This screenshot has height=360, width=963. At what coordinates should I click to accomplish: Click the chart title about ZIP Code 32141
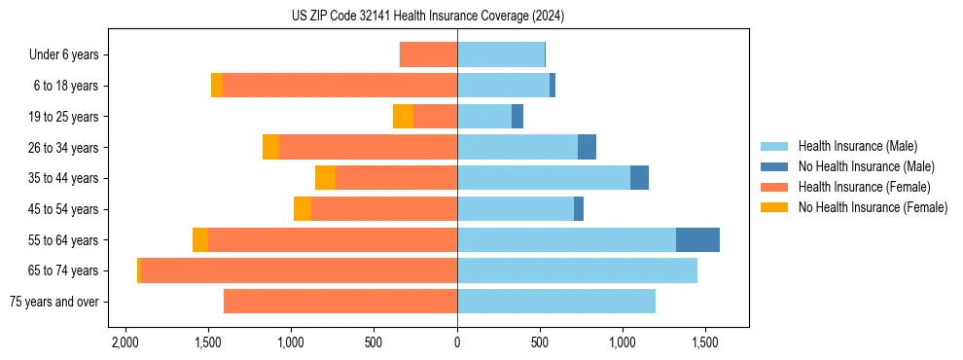click(427, 16)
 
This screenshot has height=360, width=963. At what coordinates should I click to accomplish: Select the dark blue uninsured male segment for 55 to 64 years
click(697, 239)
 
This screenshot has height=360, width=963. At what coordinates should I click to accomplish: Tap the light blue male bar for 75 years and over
click(556, 302)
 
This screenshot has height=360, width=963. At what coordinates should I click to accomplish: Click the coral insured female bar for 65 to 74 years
click(300, 270)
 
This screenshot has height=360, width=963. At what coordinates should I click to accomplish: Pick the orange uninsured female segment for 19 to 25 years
click(403, 117)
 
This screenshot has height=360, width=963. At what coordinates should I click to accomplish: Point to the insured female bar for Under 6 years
click(428, 54)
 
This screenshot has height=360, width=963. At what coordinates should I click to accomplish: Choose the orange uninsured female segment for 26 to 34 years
click(270, 147)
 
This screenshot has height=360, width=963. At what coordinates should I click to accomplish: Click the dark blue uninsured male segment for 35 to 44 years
click(639, 178)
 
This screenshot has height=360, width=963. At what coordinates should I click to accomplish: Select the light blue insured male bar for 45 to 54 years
click(516, 209)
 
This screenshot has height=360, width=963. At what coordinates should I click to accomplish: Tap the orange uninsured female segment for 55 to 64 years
click(200, 239)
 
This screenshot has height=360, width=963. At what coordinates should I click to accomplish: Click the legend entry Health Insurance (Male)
click(857, 146)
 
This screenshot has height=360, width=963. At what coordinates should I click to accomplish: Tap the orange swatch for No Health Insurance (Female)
click(774, 207)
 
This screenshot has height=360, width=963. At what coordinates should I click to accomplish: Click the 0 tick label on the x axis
click(457, 343)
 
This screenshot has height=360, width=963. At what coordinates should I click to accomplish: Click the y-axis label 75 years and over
click(53, 302)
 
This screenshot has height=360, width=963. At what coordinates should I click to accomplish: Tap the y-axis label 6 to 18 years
click(66, 86)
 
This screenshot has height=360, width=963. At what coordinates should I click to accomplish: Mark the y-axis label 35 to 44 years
click(64, 178)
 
